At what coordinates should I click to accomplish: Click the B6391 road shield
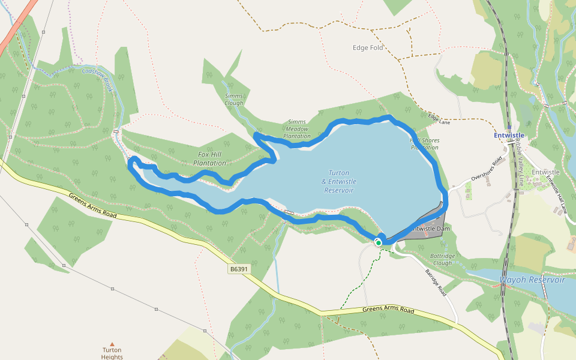tap(239, 269)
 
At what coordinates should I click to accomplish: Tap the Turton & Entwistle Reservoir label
tap(338, 182)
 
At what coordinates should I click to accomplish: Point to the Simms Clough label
tap(234, 100)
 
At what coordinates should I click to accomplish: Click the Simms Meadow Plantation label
tap(297, 129)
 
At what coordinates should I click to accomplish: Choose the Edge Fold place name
tap(368, 48)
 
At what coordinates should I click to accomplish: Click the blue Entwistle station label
tap(509, 136)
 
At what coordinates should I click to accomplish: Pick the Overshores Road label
tap(486, 169)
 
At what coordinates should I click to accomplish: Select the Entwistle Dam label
tap(431, 229)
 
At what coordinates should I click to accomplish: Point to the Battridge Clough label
tap(443, 260)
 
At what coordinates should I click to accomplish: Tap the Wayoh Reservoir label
tap(532, 280)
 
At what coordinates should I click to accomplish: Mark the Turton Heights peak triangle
tap(112, 344)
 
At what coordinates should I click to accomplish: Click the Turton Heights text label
tap(112, 353)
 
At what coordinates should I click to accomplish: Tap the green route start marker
tap(379, 242)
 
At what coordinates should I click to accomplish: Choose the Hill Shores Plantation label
tap(424, 144)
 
